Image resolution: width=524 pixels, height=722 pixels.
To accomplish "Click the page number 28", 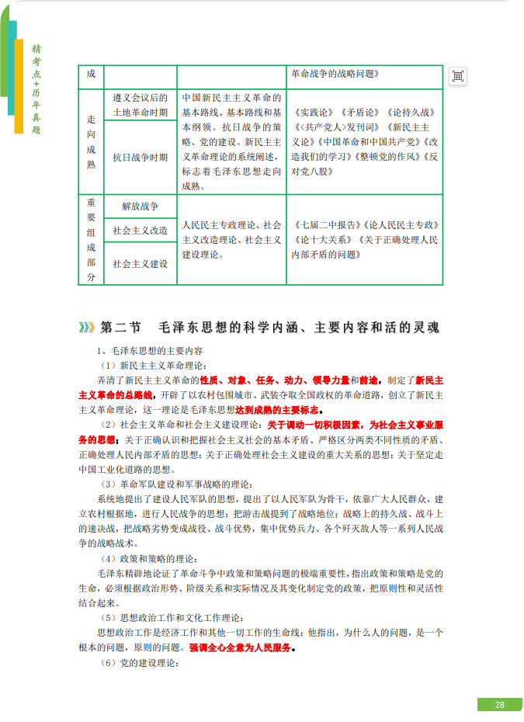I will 499,704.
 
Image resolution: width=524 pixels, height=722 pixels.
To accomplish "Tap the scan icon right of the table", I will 458,75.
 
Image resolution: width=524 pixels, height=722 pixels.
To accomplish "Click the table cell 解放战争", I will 140,207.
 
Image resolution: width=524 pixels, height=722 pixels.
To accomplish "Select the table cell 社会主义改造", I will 140,231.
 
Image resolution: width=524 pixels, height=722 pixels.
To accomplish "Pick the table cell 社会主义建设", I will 140,264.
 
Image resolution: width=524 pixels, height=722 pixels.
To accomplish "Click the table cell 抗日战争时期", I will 140,157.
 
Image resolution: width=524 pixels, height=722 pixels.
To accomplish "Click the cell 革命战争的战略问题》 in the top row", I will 335,75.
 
